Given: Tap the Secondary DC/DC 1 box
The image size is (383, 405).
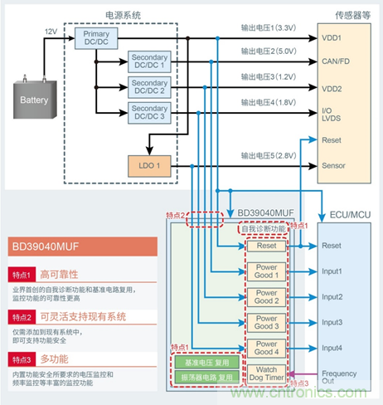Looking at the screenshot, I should click(149, 61).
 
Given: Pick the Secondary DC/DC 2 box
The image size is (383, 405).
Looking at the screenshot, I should click(149, 86).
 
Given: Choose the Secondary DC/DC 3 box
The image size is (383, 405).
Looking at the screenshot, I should click(149, 113).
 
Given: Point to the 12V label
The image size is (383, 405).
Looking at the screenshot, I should click(51, 31).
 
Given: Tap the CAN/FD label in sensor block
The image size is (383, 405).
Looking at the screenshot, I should click(337, 61).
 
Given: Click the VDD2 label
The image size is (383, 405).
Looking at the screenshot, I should click(332, 88).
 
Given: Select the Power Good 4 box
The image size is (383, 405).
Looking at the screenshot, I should click(265, 348).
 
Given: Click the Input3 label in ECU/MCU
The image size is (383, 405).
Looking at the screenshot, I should click(332, 322).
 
